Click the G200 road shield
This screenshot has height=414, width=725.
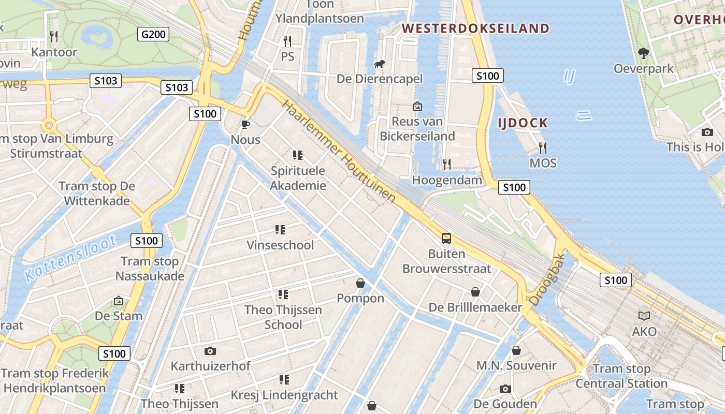tap(154, 35)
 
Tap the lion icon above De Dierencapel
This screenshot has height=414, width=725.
tap(380, 64)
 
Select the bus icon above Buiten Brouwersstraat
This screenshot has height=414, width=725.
tap(446, 239)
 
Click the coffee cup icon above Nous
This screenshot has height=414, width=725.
tap(245, 125)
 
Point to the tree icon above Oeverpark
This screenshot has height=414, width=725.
tap(644, 53)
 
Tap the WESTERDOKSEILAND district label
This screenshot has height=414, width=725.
tap(475, 28)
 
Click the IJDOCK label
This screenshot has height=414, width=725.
tap(523, 123)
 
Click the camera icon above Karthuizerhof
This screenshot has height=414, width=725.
tap(210, 351)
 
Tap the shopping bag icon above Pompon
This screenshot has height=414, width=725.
tap(360, 283)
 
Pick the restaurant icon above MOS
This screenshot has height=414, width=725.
tap(543, 148)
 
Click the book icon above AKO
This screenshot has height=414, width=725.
tap(644, 316)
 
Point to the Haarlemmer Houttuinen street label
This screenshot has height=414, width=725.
tap(339, 151)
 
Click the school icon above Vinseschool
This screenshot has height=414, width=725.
tap(280, 229)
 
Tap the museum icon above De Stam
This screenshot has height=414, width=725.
tap(119, 301)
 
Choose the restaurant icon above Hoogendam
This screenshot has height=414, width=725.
tap(446, 165)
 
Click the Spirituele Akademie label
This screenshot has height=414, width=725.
tap(298, 178)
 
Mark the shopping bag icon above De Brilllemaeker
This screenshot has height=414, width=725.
tap(475, 292)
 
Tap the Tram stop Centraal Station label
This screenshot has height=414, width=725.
tap(621, 376)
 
